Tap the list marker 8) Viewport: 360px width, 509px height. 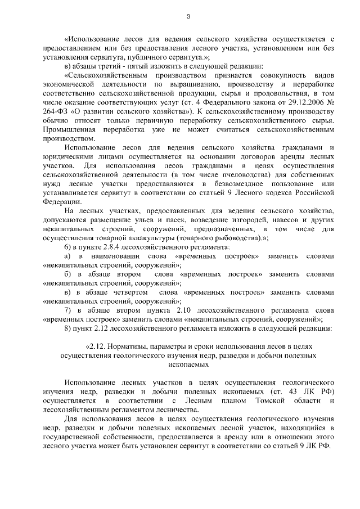[69, 326]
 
